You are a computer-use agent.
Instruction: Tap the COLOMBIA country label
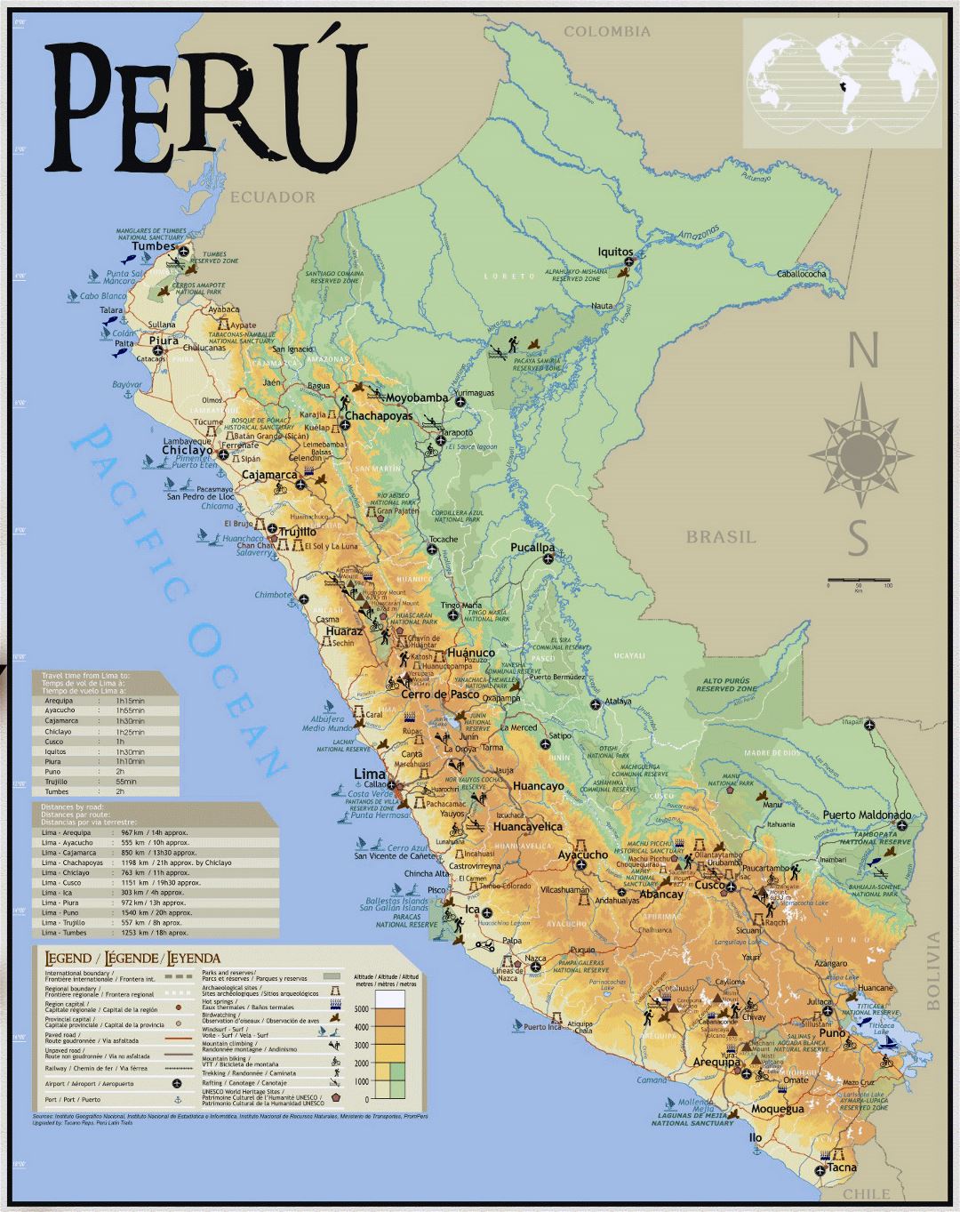pos(607,32)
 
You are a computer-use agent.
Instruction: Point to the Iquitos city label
pos(615,252)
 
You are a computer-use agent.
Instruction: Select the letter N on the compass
pos(857,350)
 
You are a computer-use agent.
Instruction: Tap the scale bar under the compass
pos(858,582)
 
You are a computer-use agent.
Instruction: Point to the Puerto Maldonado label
pos(866,815)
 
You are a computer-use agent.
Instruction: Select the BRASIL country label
pos(721,537)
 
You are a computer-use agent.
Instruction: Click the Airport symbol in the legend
pos(178,1083)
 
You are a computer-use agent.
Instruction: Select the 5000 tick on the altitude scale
pos(360,1009)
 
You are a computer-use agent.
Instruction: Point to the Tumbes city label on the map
pos(154,246)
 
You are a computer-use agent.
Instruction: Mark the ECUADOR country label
pos(273,197)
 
